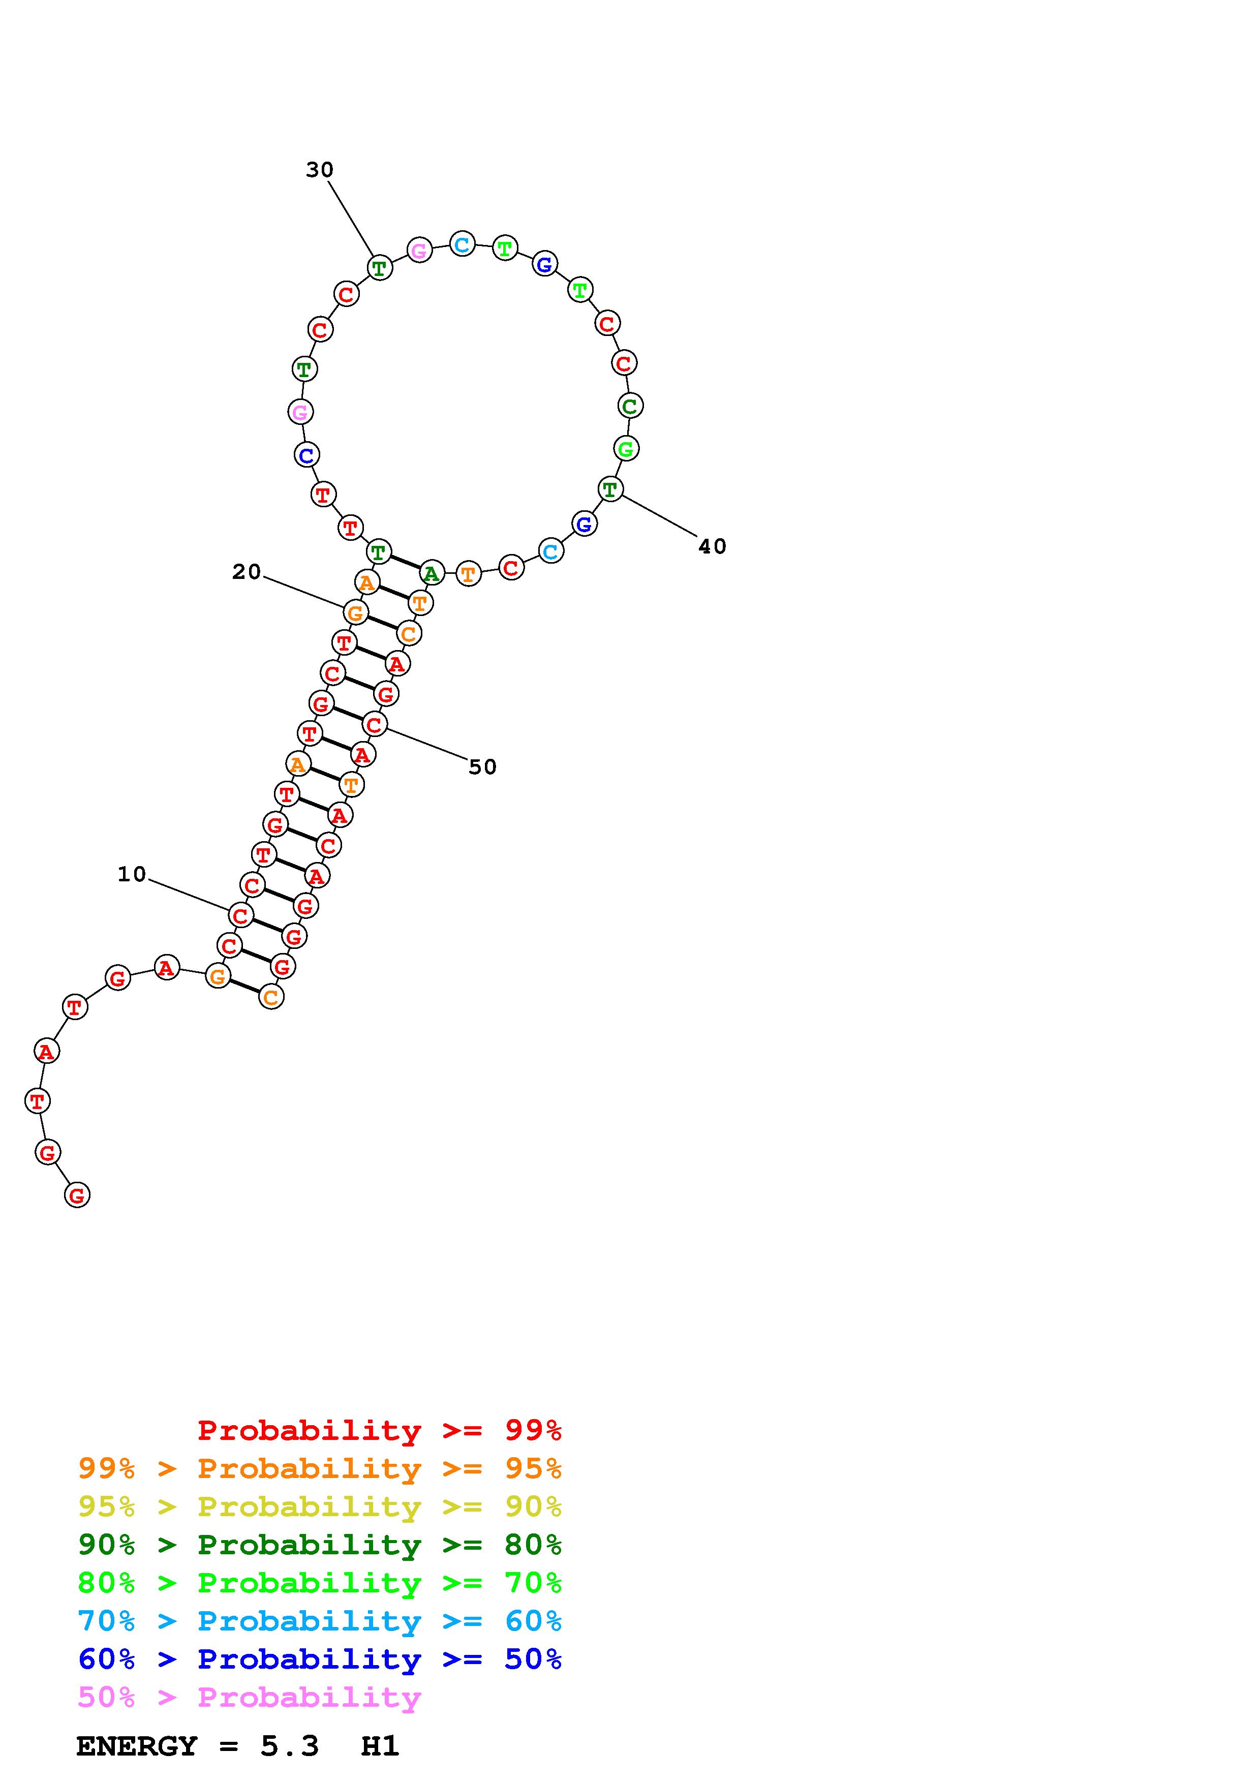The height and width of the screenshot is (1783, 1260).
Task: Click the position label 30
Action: pos(319,170)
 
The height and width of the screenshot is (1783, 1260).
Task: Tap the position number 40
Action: pos(712,547)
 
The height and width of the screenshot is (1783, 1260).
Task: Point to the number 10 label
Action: pos(132,874)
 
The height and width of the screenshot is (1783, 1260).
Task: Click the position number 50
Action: pos(482,767)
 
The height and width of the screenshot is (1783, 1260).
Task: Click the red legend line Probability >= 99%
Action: pos(380,1430)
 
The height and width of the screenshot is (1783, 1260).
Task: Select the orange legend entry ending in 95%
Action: pos(320,1468)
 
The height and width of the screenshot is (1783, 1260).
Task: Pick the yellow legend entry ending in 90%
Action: pos(320,1507)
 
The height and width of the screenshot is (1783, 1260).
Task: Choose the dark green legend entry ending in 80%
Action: pos(320,1545)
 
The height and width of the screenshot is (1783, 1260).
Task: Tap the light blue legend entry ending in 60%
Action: pos(320,1621)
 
